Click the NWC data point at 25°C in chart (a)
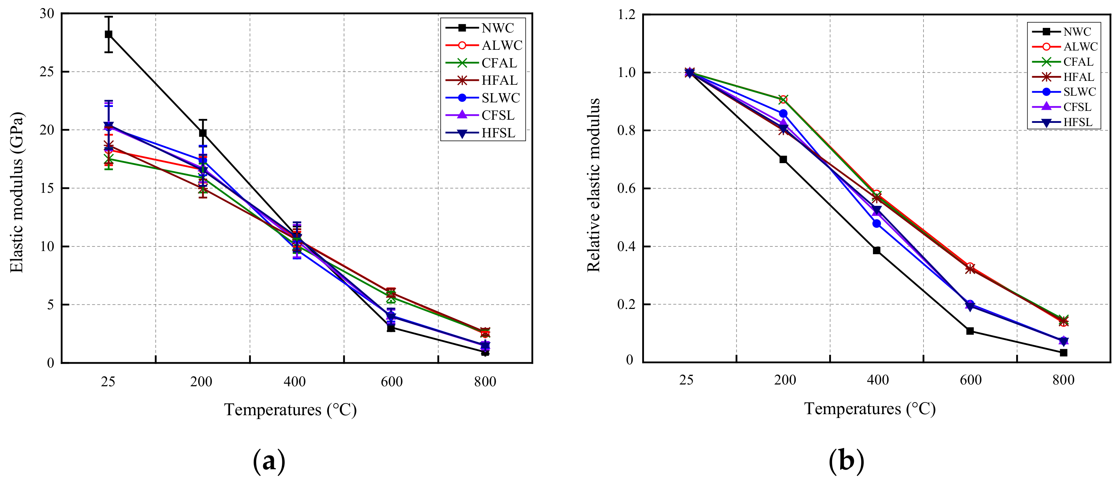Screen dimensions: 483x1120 (x=108, y=34)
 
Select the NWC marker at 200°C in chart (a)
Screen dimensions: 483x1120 (x=203, y=133)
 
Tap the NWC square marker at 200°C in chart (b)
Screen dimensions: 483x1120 (x=783, y=159)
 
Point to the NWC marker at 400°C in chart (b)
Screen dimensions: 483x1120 (x=877, y=250)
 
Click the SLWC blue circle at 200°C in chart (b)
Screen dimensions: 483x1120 (x=783, y=113)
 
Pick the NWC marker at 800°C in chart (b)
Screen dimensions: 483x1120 (x=1064, y=352)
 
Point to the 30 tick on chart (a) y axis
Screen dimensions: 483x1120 (x=47, y=13)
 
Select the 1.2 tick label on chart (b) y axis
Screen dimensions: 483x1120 (x=627, y=14)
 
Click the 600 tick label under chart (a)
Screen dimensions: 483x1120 (x=391, y=382)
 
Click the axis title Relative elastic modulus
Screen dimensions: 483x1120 (x=594, y=185)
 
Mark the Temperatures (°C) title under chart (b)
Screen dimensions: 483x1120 (x=869, y=409)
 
